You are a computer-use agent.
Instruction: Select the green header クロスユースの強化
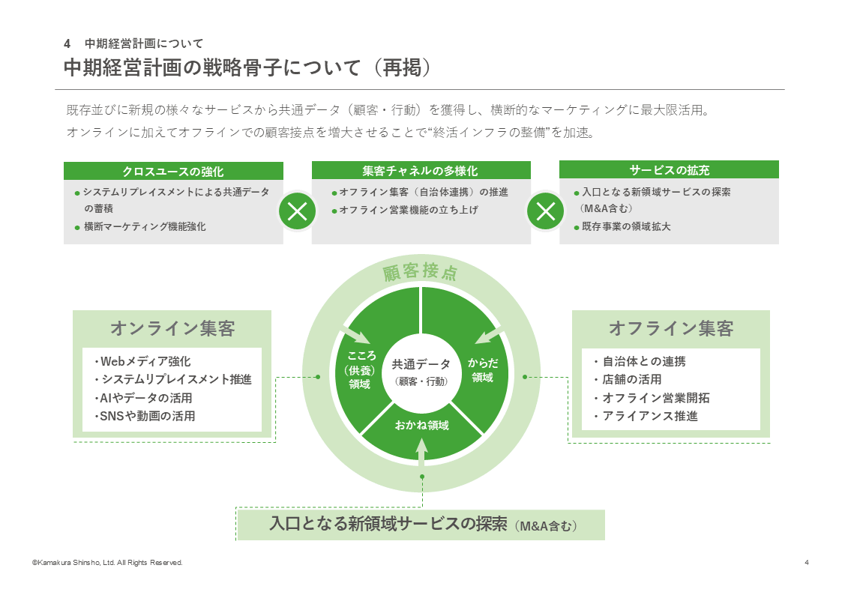(x=173, y=171)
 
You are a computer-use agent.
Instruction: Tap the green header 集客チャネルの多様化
(x=420, y=171)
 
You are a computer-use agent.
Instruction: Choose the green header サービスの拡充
(x=669, y=170)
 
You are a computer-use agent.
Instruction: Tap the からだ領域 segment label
(x=483, y=370)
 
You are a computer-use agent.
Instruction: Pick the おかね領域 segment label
(x=421, y=426)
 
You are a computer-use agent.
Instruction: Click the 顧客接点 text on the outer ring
(x=420, y=272)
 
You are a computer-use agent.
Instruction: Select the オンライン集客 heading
(x=172, y=328)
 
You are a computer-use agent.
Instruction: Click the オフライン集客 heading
(x=670, y=328)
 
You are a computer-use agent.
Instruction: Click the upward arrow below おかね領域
(x=421, y=454)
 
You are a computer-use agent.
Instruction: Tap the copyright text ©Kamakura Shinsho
(x=106, y=563)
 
